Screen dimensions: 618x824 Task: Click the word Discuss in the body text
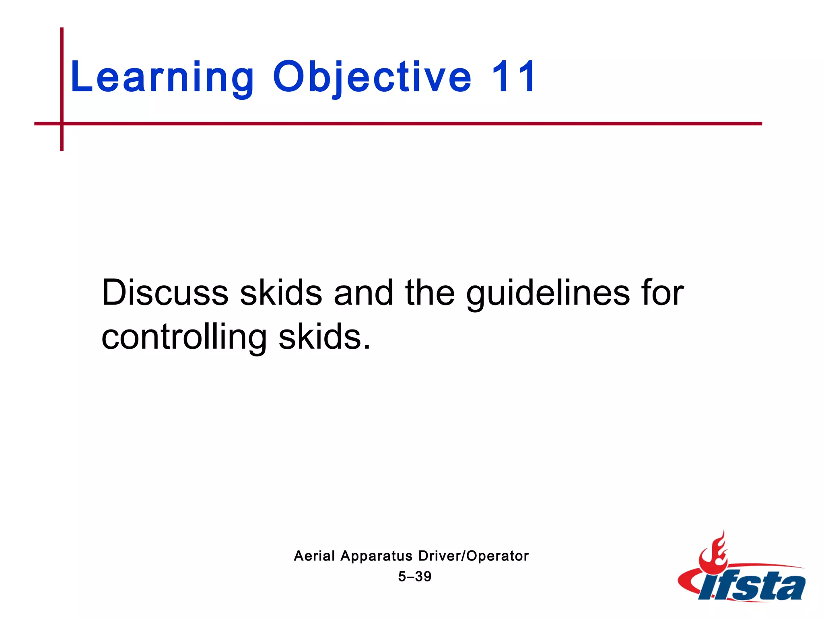(x=165, y=293)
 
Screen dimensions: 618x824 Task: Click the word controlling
(x=184, y=337)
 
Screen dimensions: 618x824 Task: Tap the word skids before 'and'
(x=281, y=293)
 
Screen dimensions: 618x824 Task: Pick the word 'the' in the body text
(x=430, y=293)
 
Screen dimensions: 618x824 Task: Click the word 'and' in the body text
(x=363, y=293)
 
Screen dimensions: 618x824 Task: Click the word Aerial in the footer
(x=314, y=556)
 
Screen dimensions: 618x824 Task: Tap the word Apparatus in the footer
(x=377, y=556)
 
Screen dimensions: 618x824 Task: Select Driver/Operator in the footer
(x=473, y=556)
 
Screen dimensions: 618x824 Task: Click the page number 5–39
(x=414, y=576)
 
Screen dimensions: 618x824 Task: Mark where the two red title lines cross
(x=62, y=124)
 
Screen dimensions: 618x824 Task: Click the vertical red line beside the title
(x=62, y=72)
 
